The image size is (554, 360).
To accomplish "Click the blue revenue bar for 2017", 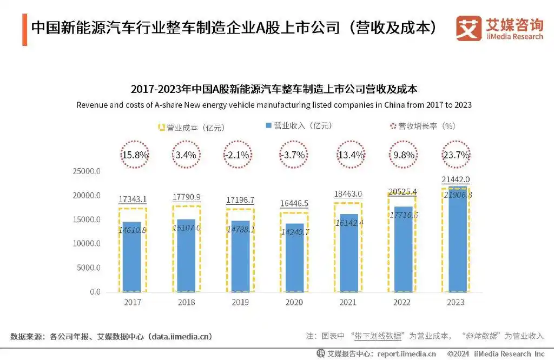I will (x=132, y=257).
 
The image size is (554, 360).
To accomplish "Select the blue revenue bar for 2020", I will (x=293, y=258).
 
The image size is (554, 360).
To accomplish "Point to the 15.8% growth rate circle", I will (x=133, y=155).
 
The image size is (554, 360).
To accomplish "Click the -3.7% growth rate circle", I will (x=293, y=155).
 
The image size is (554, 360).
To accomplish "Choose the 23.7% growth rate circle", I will (x=456, y=155).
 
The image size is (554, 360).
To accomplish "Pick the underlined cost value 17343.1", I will (x=133, y=200).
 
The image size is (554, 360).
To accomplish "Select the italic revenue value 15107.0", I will (x=187, y=228).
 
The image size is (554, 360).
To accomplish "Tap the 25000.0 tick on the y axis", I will (x=87, y=171).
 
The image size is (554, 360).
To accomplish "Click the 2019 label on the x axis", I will (x=240, y=303).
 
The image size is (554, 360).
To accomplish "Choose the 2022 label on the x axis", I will (x=401, y=303).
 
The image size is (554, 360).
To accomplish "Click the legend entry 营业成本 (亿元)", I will (x=190, y=128).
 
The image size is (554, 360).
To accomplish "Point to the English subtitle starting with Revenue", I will (x=274, y=105).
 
